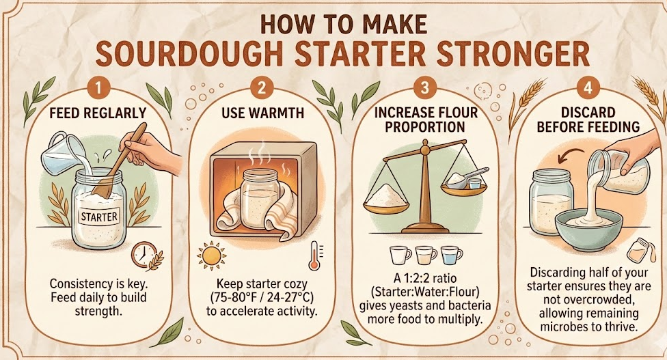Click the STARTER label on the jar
[100, 217]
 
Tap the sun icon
[210, 255]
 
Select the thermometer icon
[313, 254]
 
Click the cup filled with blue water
[452, 255]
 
